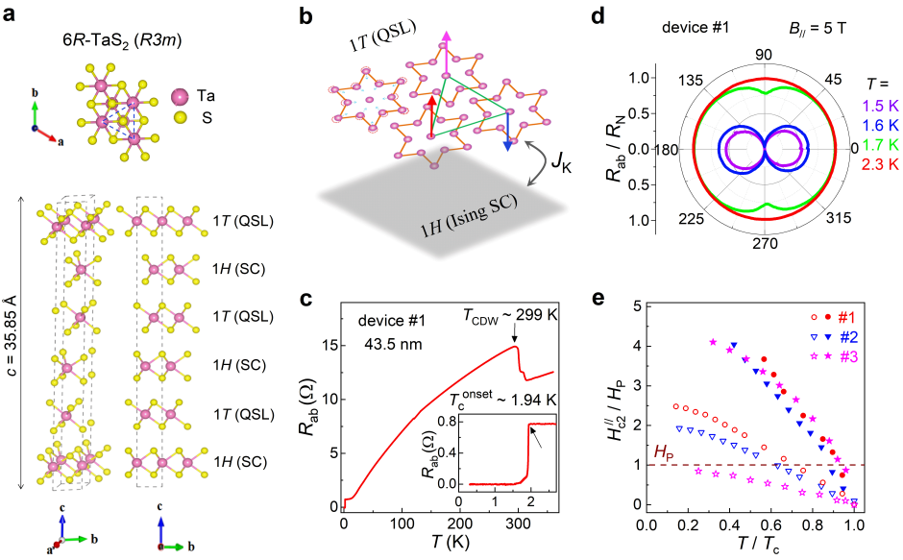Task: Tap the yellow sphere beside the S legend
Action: point(180,118)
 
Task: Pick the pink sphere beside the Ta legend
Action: point(180,96)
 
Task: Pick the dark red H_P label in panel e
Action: point(664,450)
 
